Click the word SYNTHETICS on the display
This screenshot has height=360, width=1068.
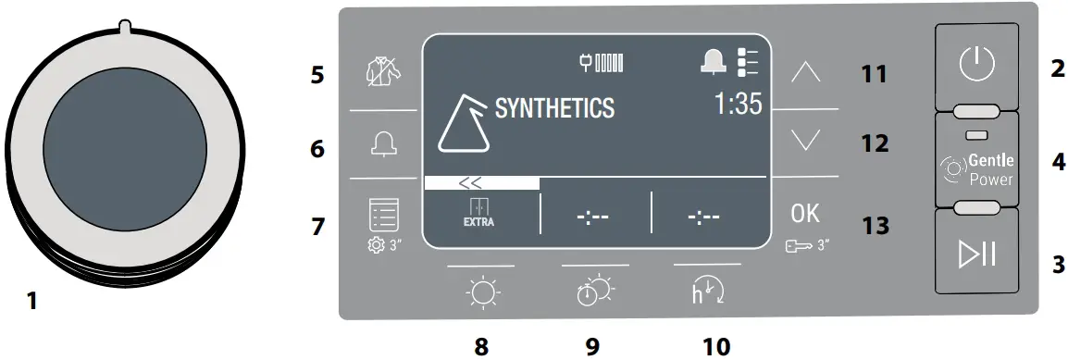[554, 108]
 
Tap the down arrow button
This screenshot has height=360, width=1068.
[805, 141]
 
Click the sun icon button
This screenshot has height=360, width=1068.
[480, 292]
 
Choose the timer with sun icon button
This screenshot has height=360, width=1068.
[593, 292]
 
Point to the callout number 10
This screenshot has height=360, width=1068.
[715, 346]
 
